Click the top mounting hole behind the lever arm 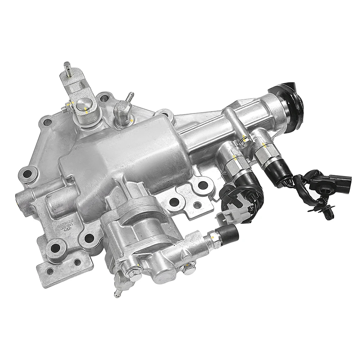[x=104, y=97]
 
